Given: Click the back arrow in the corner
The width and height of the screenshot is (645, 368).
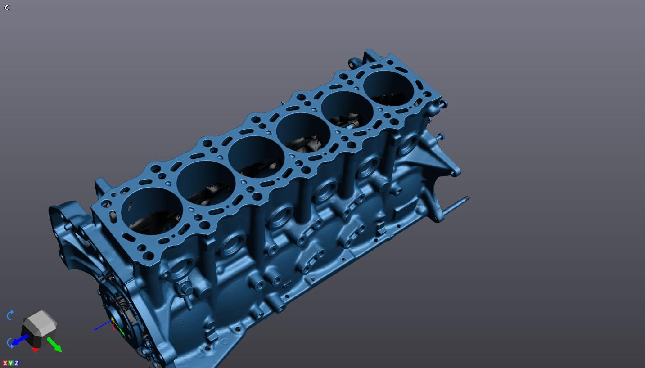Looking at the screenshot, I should point(6,7).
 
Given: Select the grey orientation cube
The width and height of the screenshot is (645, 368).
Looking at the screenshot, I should point(39,323).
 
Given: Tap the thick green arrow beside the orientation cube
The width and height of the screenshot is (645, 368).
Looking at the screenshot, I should point(54,345).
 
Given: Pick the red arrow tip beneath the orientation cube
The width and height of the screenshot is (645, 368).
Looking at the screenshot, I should point(36,350).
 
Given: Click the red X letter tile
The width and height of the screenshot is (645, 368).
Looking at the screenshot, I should point(5,363).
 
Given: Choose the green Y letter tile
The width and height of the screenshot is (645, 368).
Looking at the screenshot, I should point(10,363).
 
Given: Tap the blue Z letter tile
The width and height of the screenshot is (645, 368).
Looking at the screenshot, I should point(16,363).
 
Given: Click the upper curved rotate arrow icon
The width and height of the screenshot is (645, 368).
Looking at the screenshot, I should point(10,315).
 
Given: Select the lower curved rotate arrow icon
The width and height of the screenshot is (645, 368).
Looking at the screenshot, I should point(10,343).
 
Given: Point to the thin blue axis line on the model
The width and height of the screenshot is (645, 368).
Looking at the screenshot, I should point(101,326).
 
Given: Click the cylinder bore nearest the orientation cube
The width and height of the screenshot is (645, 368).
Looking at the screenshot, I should point(152,211).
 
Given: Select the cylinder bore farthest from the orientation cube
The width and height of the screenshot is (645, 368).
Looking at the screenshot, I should point(388,88).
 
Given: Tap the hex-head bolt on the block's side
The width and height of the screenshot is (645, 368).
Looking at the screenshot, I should point(185,288).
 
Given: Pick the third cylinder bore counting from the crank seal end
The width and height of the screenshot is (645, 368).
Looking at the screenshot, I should point(255,157).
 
